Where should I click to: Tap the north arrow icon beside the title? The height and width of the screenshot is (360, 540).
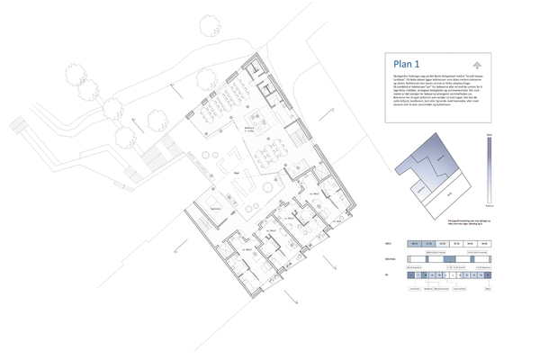click(476, 64)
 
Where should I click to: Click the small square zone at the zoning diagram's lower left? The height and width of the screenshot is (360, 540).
click(418, 189)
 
